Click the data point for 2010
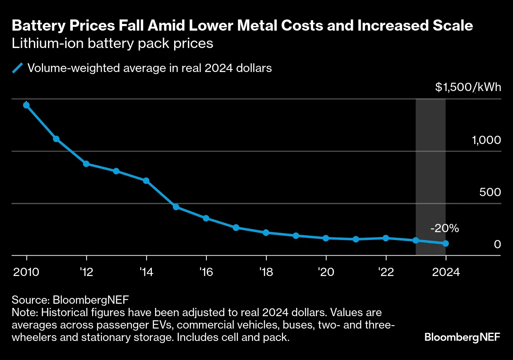click(x=26, y=105)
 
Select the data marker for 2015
click(x=176, y=207)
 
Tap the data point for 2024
click(x=446, y=243)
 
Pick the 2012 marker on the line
click(x=86, y=164)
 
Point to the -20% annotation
click(x=445, y=228)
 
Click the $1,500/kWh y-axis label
click(x=468, y=87)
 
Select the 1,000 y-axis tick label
click(x=486, y=140)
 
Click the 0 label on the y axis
click(x=497, y=245)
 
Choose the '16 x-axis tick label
click(x=206, y=272)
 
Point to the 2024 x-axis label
click(x=446, y=272)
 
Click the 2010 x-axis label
click(x=26, y=272)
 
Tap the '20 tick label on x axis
click(x=326, y=272)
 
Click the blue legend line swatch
click(x=18, y=68)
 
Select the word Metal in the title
click(x=233, y=26)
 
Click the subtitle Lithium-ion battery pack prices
click(x=113, y=43)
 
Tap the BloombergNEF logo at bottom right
click(x=462, y=337)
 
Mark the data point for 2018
click(x=266, y=233)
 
